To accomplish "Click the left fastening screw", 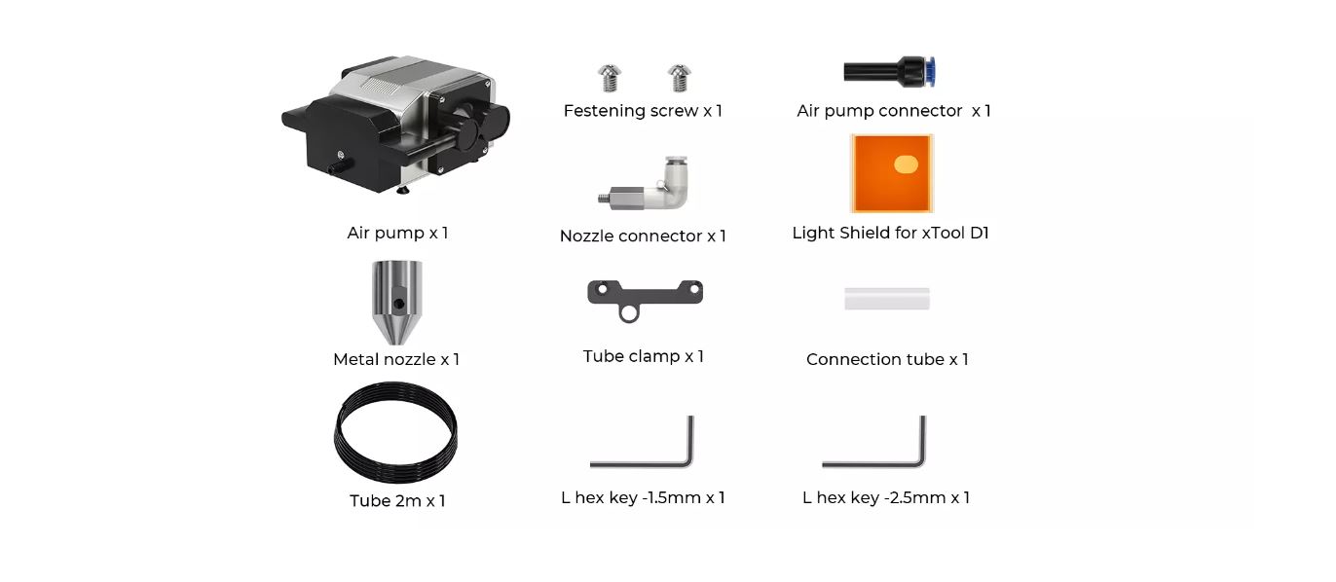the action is click(609, 78).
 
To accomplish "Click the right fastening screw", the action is click(679, 78).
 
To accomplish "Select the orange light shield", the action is click(892, 173).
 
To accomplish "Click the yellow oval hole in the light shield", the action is click(906, 164).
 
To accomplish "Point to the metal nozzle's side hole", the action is click(399, 304).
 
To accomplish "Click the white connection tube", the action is click(887, 299).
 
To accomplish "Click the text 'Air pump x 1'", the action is click(398, 233).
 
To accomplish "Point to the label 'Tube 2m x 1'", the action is click(397, 500).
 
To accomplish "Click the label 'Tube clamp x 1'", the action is click(644, 356).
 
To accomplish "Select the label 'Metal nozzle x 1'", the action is click(396, 359).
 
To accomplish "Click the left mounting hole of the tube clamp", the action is click(603, 289).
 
